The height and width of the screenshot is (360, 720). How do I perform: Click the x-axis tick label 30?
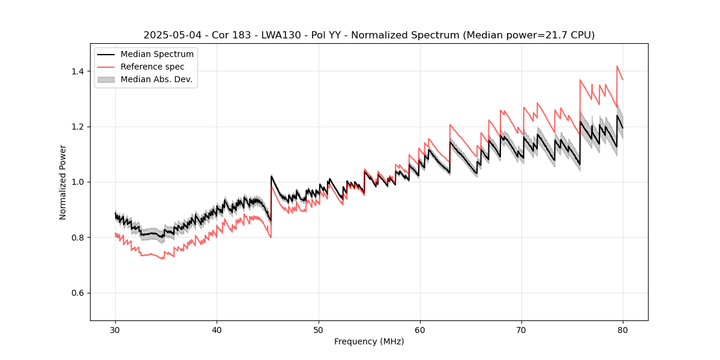point(115,329)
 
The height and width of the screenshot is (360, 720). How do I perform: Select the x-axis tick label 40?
point(217,329)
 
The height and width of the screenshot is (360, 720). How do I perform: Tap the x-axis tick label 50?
point(318,329)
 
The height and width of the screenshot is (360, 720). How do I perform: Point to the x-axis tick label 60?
point(420,329)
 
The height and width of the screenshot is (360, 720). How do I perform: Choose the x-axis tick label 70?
point(521,329)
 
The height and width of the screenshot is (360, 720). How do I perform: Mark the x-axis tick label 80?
point(623,329)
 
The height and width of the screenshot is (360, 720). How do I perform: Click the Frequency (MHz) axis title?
point(369,341)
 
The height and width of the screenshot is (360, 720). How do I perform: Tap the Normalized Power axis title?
point(63,182)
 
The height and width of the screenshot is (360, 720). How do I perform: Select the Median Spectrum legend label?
point(157,55)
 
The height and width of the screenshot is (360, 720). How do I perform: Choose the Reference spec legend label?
point(152,67)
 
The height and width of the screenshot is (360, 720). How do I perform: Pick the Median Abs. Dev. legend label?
point(157,79)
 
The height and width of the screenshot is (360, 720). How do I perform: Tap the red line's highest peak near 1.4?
point(617,66)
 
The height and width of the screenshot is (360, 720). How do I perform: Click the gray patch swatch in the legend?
point(106,79)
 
